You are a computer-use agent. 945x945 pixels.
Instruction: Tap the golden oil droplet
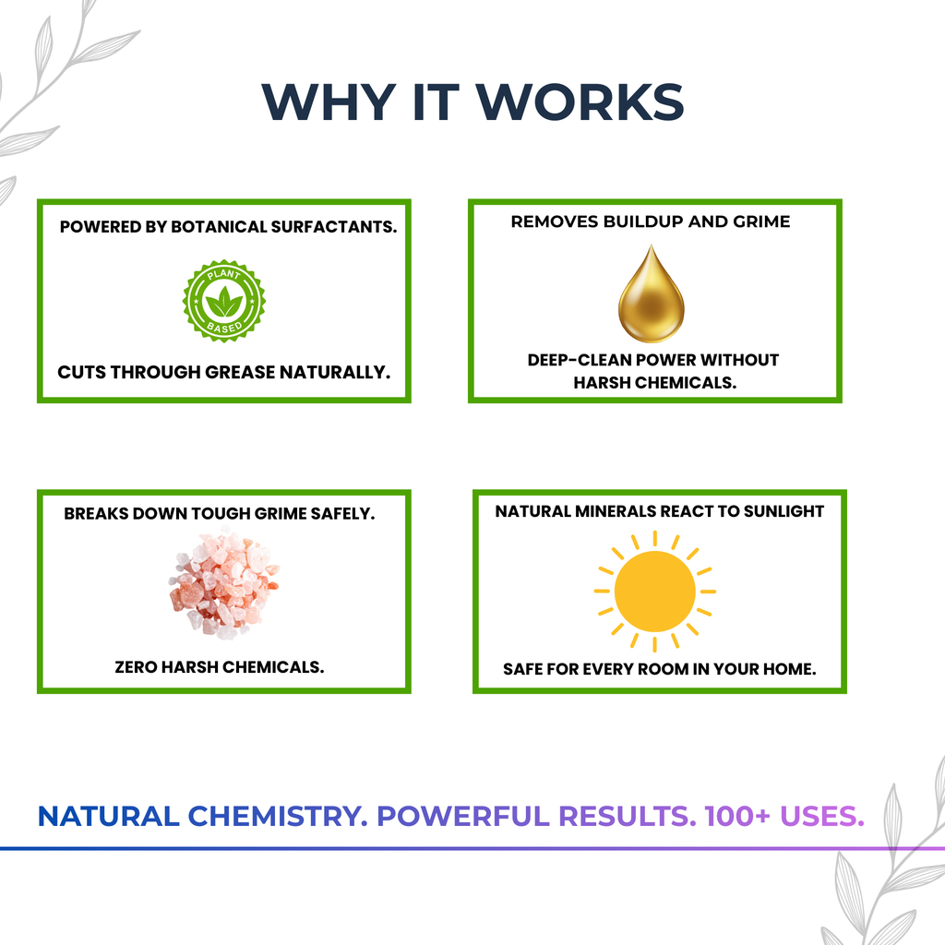click(x=651, y=295)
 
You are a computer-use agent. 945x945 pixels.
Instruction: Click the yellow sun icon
click(x=654, y=590)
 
